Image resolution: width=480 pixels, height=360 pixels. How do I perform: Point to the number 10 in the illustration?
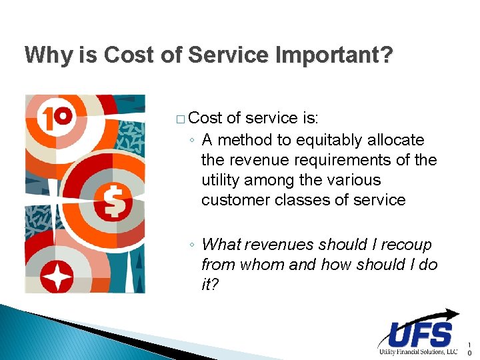[x=56, y=117]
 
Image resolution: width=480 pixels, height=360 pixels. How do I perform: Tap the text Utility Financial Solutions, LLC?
[x=417, y=351]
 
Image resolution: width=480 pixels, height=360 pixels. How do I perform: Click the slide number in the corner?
[x=469, y=349]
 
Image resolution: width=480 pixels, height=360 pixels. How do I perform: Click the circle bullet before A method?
[x=192, y=141]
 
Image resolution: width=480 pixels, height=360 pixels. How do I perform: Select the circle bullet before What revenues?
[x=192, y=245]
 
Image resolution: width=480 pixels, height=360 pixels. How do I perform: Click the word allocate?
[x=396, y=140]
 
